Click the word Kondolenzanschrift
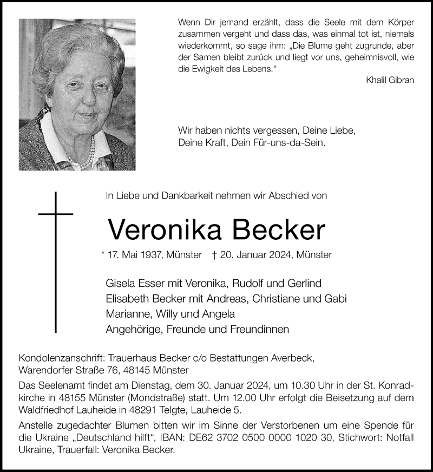pos(61,358)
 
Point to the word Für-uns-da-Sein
pos(297,143)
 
